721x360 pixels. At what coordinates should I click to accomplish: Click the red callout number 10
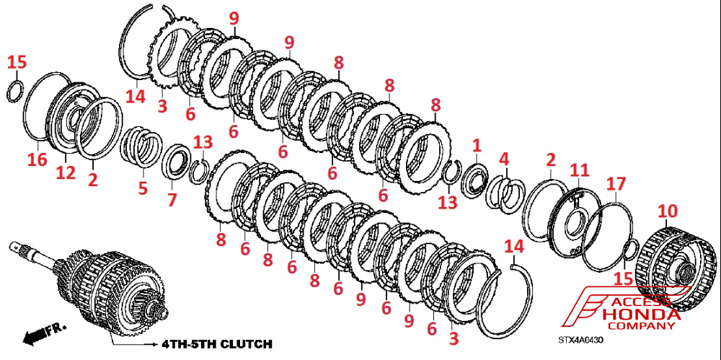coord(668,211)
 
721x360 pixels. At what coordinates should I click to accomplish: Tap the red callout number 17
coord(616,184)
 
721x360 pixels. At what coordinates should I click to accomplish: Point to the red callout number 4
coord(505,159)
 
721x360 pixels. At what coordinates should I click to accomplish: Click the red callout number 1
coord(477,146)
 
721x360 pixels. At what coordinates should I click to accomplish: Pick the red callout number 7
coord(172,200)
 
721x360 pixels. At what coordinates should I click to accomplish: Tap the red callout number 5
coord(143,188)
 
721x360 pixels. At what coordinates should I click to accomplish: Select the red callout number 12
coord(66,173)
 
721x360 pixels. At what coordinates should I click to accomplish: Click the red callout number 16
coord(37,159)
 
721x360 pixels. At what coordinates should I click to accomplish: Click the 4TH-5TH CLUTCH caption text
coord(216,344)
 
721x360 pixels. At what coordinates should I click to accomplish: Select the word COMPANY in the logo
coord(647,326)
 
